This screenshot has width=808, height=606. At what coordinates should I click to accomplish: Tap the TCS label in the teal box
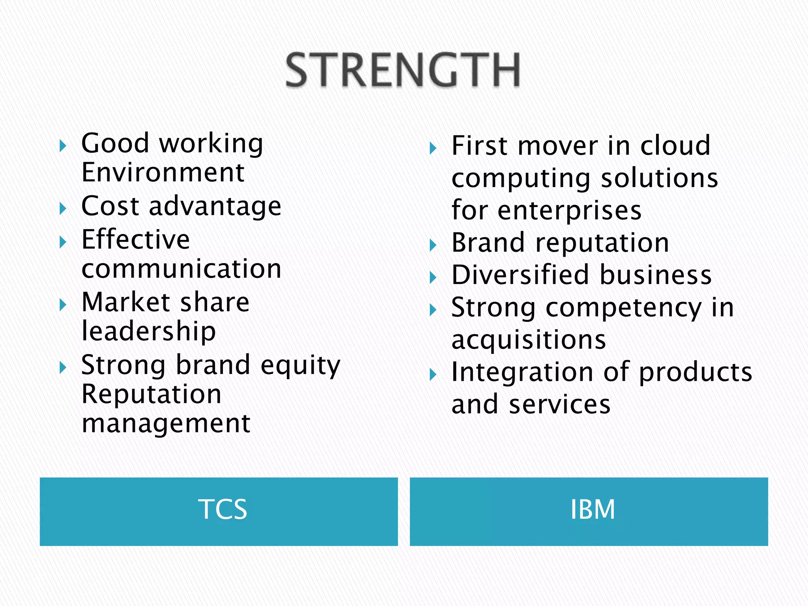[223, 509]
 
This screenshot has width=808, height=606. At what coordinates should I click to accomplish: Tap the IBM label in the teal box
[593, 509]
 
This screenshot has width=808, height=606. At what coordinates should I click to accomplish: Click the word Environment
[163, 173]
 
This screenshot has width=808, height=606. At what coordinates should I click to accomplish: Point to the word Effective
[136, 239]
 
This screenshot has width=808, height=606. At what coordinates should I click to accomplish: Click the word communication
[181, 269]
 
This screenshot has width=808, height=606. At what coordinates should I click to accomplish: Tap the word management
[166, 424]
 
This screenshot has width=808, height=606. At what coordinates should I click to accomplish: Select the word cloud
[675, 146]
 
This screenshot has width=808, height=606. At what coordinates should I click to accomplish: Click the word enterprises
[569, 210]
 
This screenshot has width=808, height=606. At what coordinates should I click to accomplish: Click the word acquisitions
[528, 340]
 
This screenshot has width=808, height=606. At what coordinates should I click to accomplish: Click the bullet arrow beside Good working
[63, 146]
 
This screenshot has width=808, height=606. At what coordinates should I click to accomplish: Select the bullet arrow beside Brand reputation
[433, 245]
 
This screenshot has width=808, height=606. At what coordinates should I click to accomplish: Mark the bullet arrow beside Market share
[63, 305]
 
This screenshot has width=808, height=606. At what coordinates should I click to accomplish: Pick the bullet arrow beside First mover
[433, 148]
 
